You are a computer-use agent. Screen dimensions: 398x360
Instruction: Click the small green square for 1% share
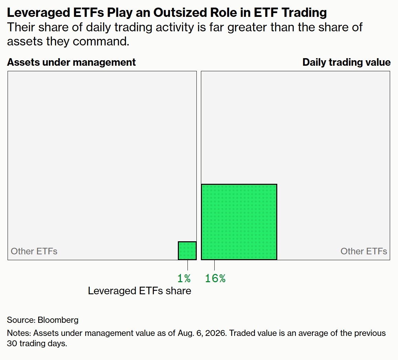point(187,251)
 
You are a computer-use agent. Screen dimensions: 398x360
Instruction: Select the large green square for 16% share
point(239,222)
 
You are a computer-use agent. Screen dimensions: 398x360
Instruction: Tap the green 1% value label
point(184,278)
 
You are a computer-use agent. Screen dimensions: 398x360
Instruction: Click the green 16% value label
point(215,278)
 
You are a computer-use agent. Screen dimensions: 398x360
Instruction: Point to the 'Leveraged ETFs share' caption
point(139,291)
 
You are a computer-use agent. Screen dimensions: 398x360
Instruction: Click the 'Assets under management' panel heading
point(71,62)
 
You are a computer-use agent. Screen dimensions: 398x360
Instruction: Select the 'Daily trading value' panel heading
point(346,62)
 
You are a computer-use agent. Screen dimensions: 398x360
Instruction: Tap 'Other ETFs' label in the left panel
point(34,251)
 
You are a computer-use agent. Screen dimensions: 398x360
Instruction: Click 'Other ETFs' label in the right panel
point(364,251)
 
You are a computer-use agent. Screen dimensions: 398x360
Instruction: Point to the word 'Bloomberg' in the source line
point(58,320)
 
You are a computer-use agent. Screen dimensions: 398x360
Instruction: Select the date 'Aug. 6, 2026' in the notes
point(202,333)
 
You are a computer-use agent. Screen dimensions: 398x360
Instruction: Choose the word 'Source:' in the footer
point(21,320)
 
